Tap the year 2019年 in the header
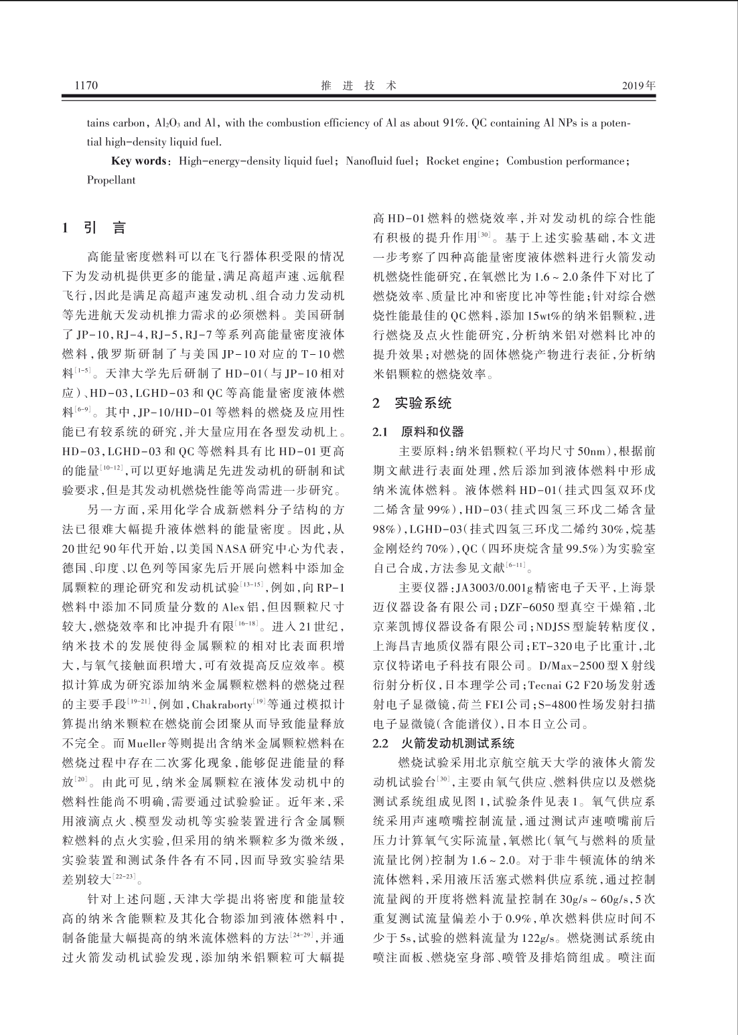click(x=638, y=86)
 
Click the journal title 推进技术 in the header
click(x=359, y=86)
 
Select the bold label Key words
click(x=139, y=161)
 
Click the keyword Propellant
click(x=111, y=180)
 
